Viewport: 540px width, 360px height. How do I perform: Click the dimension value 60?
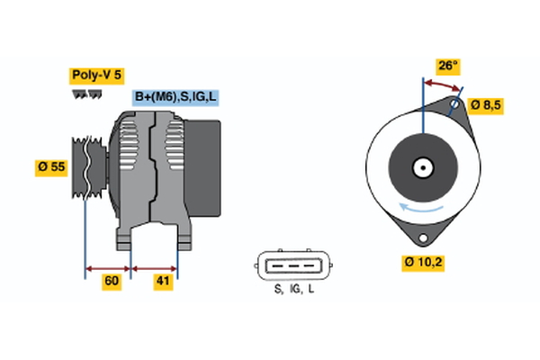pyautogui.click(x=112, y=282)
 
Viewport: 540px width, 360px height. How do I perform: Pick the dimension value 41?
pyautogui.click(x=162, y=282)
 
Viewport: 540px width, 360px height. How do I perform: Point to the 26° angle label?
pyautogui.click(x=447, y=66)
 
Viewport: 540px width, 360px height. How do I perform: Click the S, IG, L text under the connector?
pyautogui.click(x=293, y=289)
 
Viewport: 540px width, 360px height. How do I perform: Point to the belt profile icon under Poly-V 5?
pyautogui.click(x=86, y=93)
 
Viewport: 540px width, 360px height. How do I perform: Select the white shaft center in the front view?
pyautogui.click(x=421, y=166)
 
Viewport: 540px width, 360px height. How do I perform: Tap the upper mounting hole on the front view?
pyautogui.click(x=454, y=105)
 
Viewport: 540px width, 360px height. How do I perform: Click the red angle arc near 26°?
pyautogui.click(x=442, y=82)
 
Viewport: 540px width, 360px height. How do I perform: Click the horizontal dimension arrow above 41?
pyautogui.click(x=155, y=267)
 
